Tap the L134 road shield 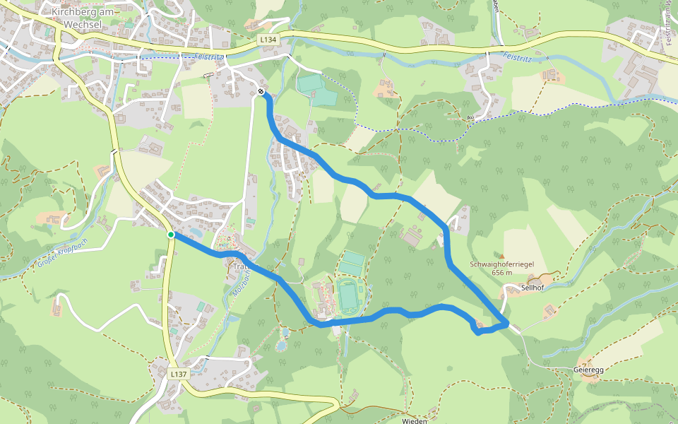pyautogui.click(x=268, y=41)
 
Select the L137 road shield pyautogui.click(x=178, y=372)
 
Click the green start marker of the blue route pyautogui.click(x=171, y=235)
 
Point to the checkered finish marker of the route pyautogui.click(x=261, y=92)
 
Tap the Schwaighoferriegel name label pyautogui.click(x=502, y=264)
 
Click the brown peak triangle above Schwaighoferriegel pyautogui.click(x=502, y=256)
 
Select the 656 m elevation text pyautogui.click(x=502, y=273)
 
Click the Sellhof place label pyautogui.click(x=531, y=288)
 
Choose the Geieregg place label pyautogui.click(x=589, y=370)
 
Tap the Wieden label pyautogui.click(x=415, y=420)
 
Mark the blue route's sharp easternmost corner pyautogui.click(x=507, y=324)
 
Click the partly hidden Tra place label pyautogui.click(x=238, y=266)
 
